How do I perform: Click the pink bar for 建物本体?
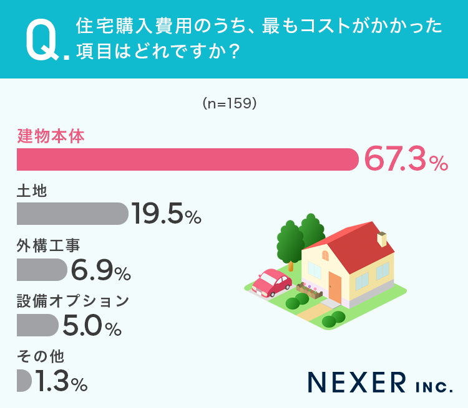coord(187,159)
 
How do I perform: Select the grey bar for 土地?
coord(71,214)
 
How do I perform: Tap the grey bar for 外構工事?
coord(41,270)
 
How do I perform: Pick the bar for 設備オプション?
coord(37,325)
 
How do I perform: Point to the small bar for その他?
coord(24,380)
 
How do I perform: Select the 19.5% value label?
coord(166,215)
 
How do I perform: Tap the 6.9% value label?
coord(100,270)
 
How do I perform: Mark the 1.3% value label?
coord(61,381)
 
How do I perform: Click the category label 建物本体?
coord(51,136)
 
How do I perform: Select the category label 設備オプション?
coord(72,301)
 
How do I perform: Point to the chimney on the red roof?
coord(383,239)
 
